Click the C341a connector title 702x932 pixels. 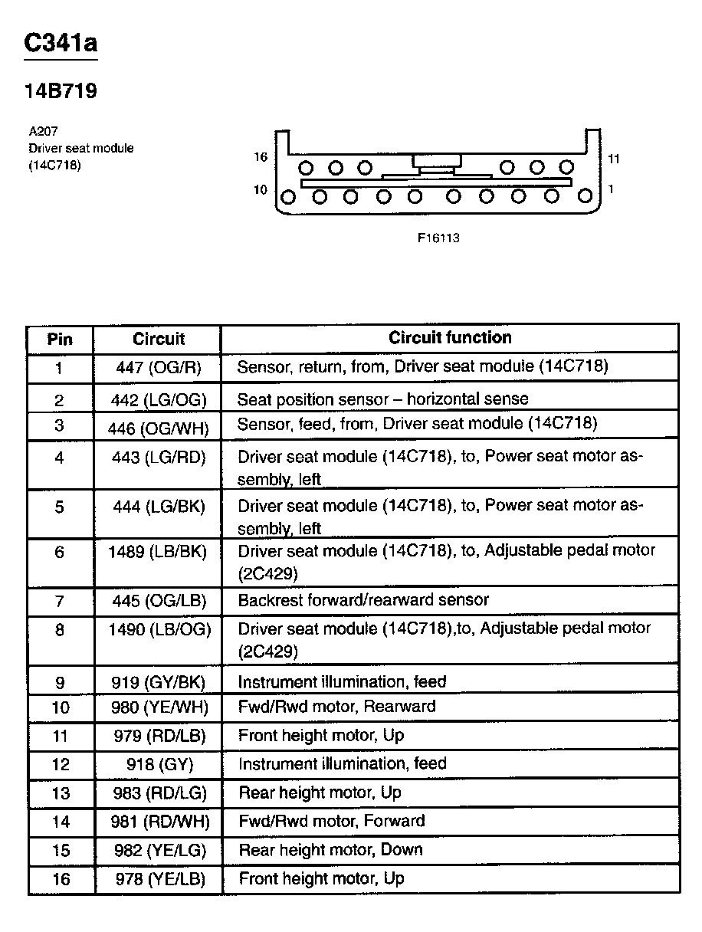[x=61, y=44]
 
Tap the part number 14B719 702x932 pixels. [x=61, y=92]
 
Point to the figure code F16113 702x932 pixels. [x=438, y=238]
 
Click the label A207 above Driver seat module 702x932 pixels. [x=43, y=132]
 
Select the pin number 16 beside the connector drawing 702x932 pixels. [x=261, y=157]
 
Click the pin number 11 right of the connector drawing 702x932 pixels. [x=613, y=159]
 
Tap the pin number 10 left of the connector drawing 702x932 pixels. [x=261, y=189]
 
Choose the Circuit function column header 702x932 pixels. [x=450, y=337]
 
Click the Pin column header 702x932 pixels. [x=61, y=339]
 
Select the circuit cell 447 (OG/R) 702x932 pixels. [x=159, y=368]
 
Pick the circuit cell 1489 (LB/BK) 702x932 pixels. [x=159, y=552]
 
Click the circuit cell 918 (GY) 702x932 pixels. [x=159, y=764]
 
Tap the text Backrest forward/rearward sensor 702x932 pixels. [x=363, y=600]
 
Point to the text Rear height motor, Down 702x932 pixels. [x=330, y=850]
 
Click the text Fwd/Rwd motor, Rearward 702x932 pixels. [x=336, y=706]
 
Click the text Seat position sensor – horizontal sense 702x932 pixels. [x=382, y=399]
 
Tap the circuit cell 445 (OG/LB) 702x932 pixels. [x=159, y=602]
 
